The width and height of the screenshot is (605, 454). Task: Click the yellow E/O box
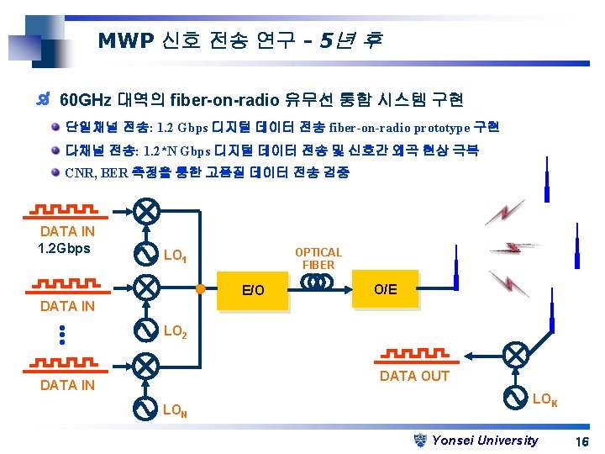tap(253, 291)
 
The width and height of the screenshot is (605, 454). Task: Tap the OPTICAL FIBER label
tap(318, 258)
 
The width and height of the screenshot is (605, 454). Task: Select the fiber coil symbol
tap(318, 282)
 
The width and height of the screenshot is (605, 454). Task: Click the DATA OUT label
tap(414, 376)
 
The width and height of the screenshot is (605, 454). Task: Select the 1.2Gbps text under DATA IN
tap(64, 248)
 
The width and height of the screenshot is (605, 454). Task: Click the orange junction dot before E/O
tap(200, 289)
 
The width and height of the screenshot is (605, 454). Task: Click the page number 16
tap(581, 441)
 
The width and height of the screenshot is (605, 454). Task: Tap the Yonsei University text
tap(485, 440)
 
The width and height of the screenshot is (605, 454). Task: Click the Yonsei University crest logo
tap(422, 439)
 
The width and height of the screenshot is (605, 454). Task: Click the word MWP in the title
tap(123, 40)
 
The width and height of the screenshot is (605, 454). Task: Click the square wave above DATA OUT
tap(414, 354)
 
